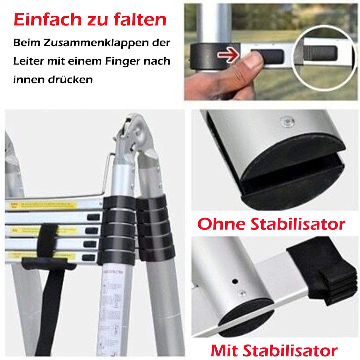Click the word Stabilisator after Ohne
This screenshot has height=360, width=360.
point(300,224)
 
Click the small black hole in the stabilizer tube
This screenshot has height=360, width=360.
point(235,281)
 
